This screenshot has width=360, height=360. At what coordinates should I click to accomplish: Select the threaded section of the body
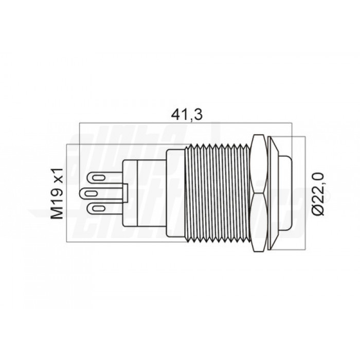tap(216, 194)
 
